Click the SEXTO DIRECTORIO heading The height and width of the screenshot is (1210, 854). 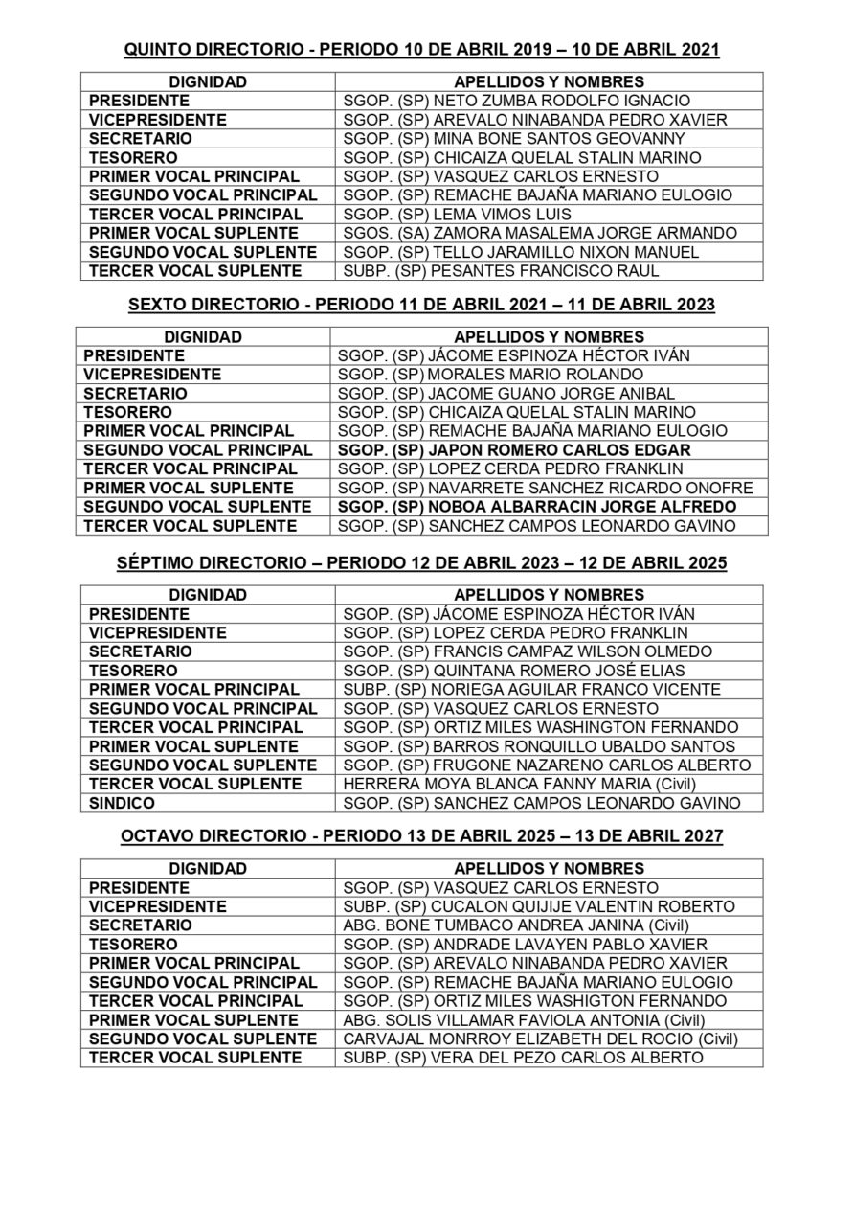(x=421, y=305)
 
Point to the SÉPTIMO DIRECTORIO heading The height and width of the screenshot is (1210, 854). (x=421, y=563)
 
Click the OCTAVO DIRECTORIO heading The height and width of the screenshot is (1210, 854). (x=421, y=836)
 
